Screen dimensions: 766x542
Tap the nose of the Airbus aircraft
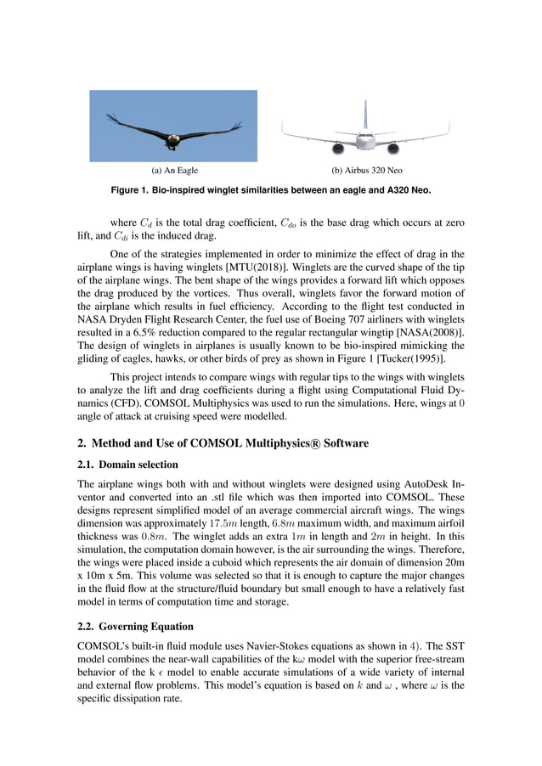366,137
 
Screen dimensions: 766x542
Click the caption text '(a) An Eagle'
174,171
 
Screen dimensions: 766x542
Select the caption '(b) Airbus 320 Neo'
367,171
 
